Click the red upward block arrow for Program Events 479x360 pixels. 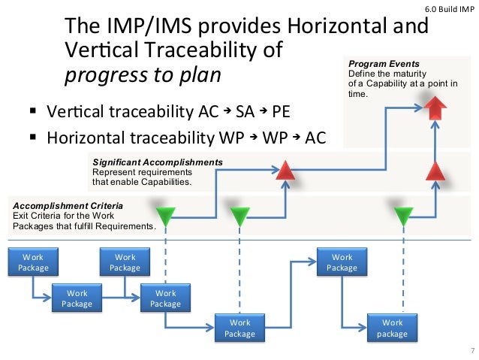click(435, 110)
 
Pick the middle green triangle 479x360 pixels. click(239, 216)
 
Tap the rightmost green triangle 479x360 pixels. click(404, 216)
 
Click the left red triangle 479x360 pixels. click(285, 172)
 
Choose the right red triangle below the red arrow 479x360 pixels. click(435, 171)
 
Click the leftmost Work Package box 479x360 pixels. click(33, 262)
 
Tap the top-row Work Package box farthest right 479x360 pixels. click(342, 262)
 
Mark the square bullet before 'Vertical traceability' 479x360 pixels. click(33, 113)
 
